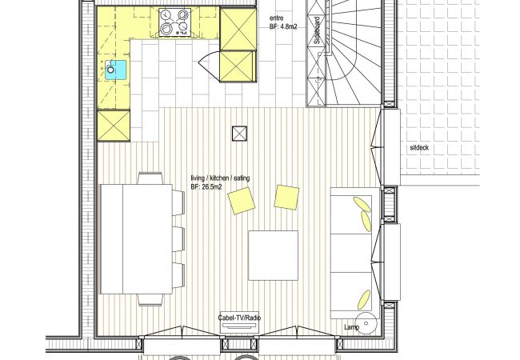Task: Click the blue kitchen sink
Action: (x=116, y=70)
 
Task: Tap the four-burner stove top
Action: (x=174, y=22)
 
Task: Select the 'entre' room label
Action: (x=277, y=18)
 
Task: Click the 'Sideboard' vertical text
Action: (x=318, y=30)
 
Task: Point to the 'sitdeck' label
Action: (x=419, y=148)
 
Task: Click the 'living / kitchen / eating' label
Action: (x=220, y=178)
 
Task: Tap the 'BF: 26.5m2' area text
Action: (x=206, y=187)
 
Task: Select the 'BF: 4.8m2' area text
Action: (x=283, y=27)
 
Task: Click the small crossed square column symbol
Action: (x=239, y=134)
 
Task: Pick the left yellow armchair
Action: (x=241, y=201)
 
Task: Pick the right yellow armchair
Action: (x=286, y=198)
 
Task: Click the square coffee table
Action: (x=274, y=255)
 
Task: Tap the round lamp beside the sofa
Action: (x=366, y=323)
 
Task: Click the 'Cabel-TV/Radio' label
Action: (x=239, y=318)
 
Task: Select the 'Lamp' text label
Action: (x=351, y=327)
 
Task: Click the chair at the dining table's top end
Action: (x=150, y=178)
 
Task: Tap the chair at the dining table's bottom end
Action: (x=150, y=300)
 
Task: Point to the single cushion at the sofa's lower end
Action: (x=364, y=299)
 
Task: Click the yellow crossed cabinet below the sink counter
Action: (x=114, y=126)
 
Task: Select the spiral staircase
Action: (x=353, y=53)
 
